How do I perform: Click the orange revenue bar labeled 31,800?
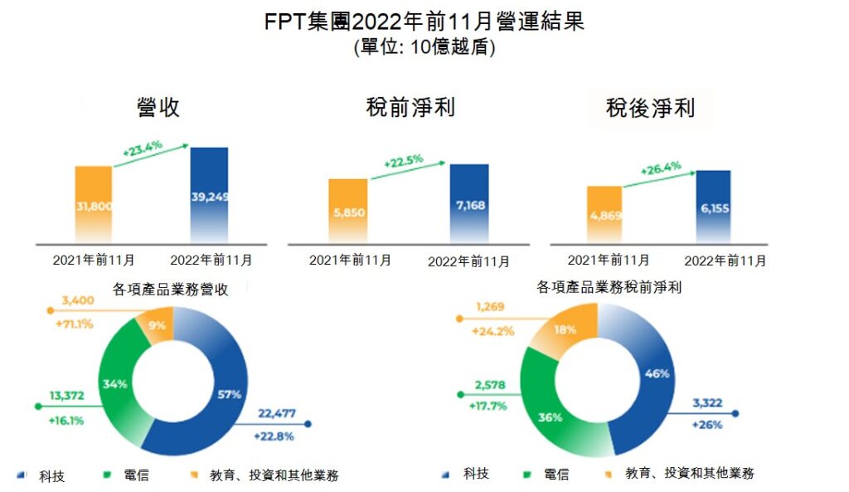pyautogui.click(x=94, y=203)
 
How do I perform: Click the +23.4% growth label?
pyautogui.click(x=142, y=151)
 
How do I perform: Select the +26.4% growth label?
pyautogui.click(x=661, y=168)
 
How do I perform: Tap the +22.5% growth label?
pyautogui.click(x=403, y=159)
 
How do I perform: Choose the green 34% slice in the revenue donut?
pyautogui.click(x=114, y=384)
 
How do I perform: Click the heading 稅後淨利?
pyautogui.click(x=650, y=108)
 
